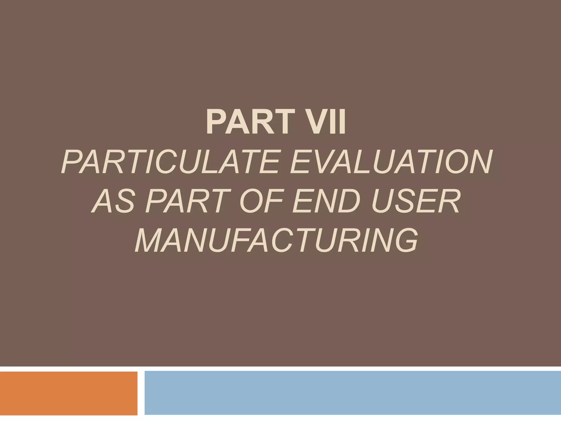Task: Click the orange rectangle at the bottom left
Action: pos(68,393)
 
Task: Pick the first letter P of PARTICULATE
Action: pos(72,162)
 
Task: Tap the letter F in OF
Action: pos(275,201)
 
